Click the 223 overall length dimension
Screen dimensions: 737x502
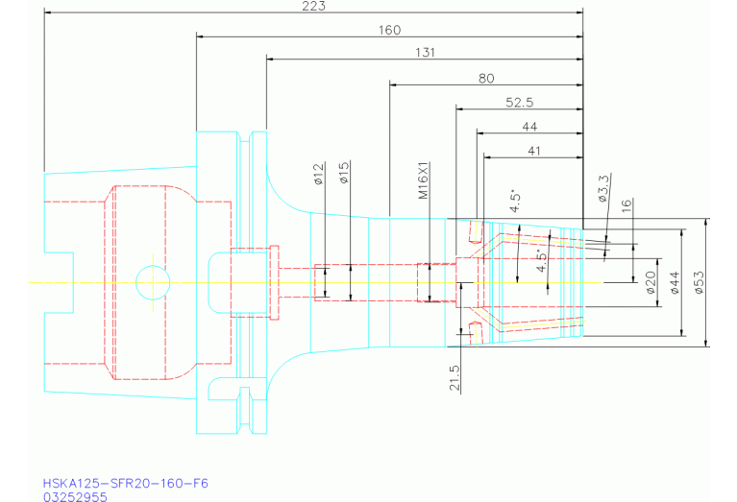click(x=313, y=6)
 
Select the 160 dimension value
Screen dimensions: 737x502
click(x=390, y=31)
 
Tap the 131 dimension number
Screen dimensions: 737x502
click(x=425, y=53)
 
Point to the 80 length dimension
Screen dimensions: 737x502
click(x=486, y=79)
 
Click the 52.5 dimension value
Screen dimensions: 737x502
click(x=520, y=103)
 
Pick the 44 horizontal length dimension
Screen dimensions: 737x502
click(x=529, y=127)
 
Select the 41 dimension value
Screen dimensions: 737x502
click(x=534, y=152)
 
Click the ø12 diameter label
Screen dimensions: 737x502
click(x=319, y=174)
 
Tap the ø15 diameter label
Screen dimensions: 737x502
click(x=344, y=173)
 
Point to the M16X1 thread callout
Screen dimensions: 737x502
click(x=424, y=180)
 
